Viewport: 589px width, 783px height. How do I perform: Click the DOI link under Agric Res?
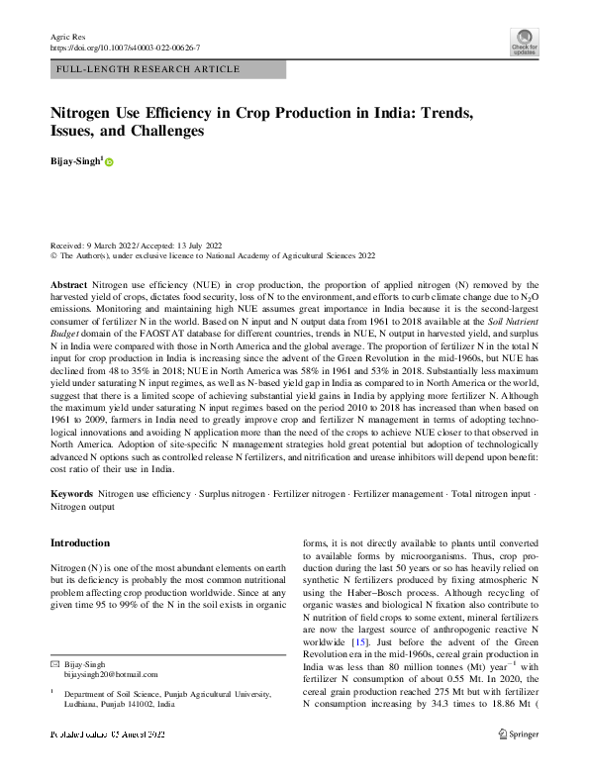[125, 47]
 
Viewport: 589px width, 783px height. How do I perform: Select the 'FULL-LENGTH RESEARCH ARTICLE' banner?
[148, 69]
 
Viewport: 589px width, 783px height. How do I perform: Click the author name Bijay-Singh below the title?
[75, 160]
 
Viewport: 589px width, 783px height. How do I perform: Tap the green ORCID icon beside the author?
[109, 161]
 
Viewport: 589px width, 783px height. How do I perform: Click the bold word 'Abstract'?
[69, 284]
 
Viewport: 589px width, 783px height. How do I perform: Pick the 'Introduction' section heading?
[80, 543]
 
